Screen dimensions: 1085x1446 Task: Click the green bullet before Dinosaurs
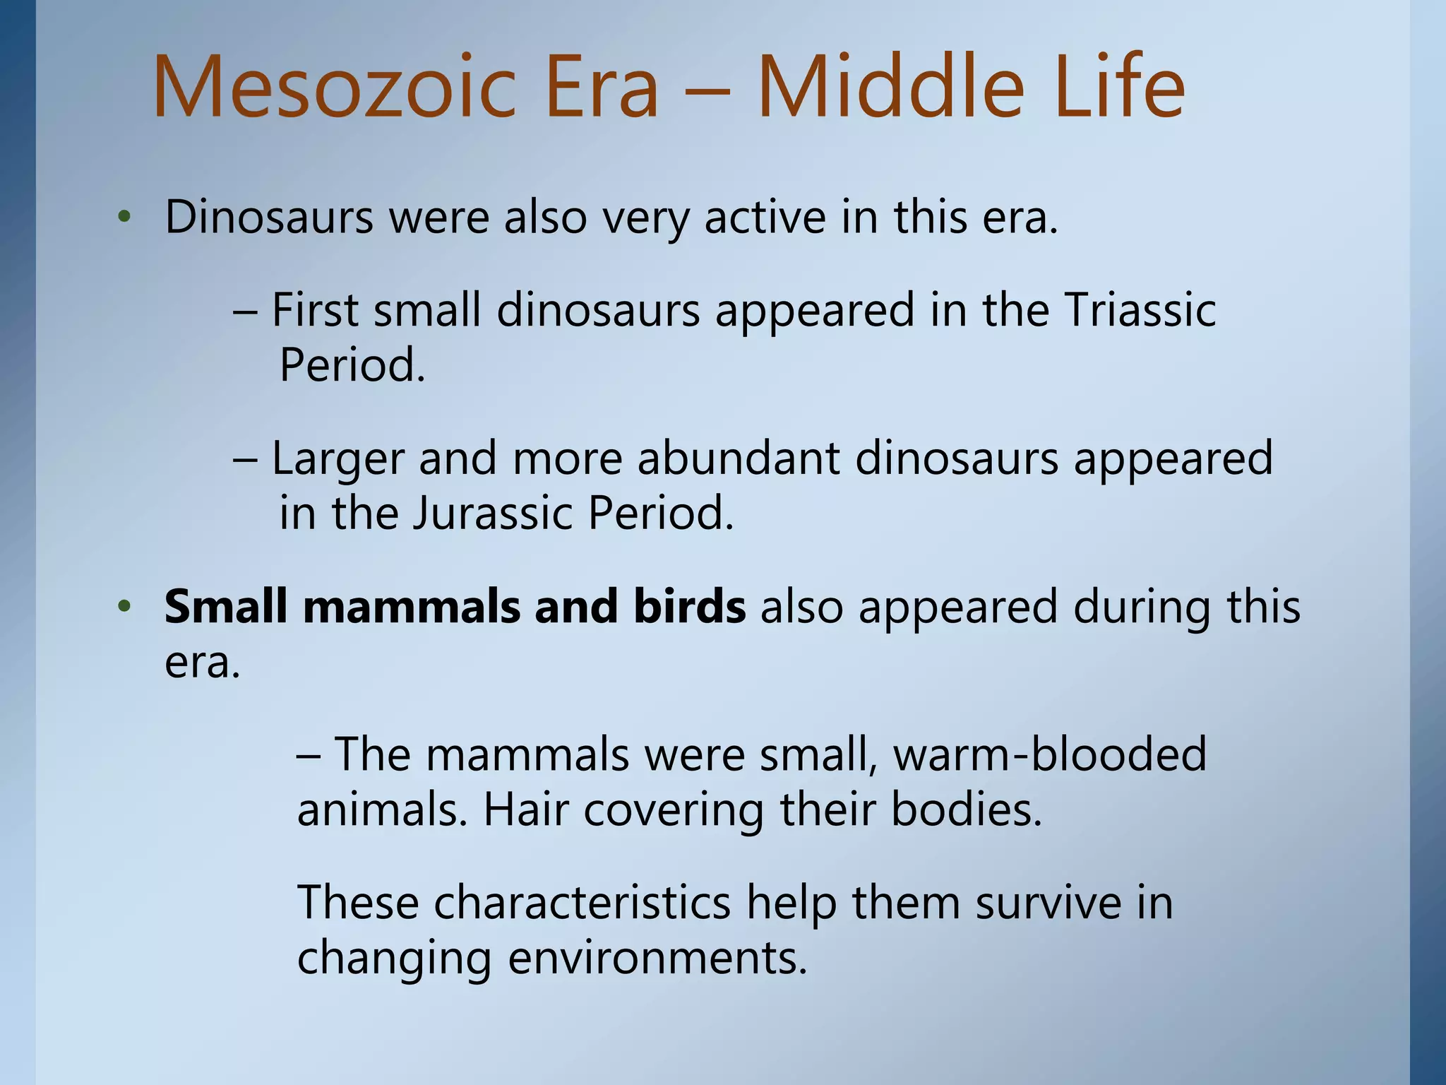click(x=125, y=218)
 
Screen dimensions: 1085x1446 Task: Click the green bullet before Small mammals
click(x=125, y=607)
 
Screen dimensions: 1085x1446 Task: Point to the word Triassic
click(x=1140, y=310)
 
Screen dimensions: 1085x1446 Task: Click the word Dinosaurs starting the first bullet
click(x=269, y=217)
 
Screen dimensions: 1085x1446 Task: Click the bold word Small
click(x=225, y=607)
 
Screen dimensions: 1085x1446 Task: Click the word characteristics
click(x=582, y=903)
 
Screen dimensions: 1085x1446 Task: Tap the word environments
click(x=657, y=959)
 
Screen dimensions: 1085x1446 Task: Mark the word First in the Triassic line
click(x=315, y=310)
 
